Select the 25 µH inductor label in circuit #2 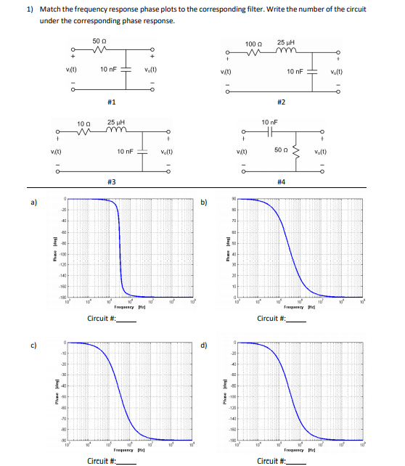286,44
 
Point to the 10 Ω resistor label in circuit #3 83,124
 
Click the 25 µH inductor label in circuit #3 115,124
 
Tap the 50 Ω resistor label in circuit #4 282,149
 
